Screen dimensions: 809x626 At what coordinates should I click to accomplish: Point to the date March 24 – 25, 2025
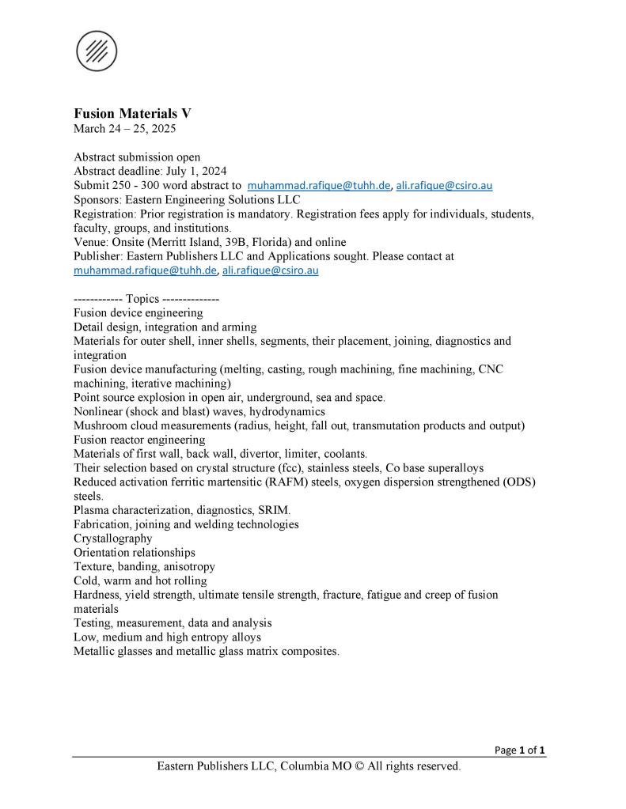tap(124, 128)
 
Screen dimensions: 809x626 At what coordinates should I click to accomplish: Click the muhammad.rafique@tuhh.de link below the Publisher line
tap(145, 270)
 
